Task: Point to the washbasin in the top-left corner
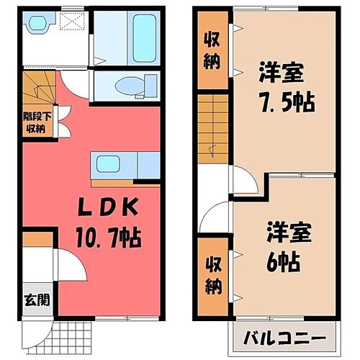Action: click(35, 25)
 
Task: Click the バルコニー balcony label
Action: click(283, 338)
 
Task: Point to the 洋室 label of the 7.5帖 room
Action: click(277, 73)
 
